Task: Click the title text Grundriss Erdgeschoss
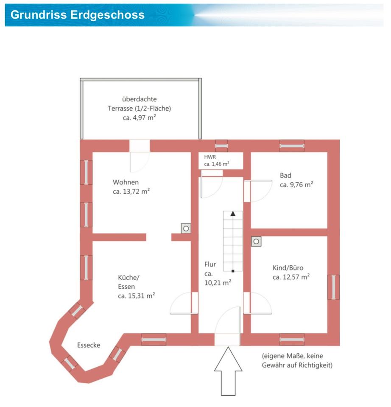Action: [77, 15]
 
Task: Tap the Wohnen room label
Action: [126, 182]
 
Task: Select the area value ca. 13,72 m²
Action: [131, 192]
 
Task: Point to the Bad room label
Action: [285, 176]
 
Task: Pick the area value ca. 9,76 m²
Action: [296, 185]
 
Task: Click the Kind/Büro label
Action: [288, 268]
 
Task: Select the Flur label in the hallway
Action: [210, 265]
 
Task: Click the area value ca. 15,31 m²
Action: [136, 296]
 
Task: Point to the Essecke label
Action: [89, 345]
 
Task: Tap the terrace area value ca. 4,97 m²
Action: [140, 118]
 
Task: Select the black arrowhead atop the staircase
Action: [232, 214]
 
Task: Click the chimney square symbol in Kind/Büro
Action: [256, 242]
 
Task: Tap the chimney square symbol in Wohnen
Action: [186, 229]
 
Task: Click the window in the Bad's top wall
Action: [292, 146]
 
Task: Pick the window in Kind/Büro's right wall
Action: [333, 287]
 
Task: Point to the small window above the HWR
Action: [221, 146]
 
